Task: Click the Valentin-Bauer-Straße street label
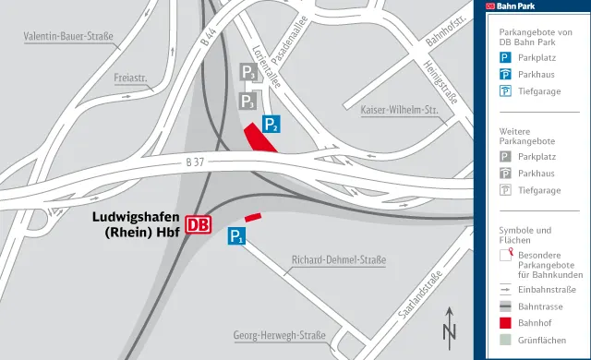(68, 38)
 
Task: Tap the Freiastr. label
(132, 78)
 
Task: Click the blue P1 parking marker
(237, 236)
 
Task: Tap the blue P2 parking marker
(271, 124)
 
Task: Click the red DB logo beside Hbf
(199, 224)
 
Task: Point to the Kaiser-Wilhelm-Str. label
(401, 111)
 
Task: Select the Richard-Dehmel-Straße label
(338, 260)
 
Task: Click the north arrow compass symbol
(450, 325)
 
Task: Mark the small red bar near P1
(252, 219)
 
